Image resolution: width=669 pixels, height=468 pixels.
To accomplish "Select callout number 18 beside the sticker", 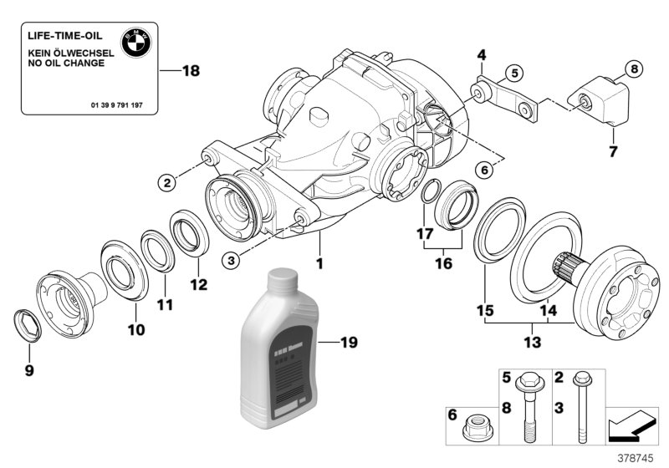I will (191, 71).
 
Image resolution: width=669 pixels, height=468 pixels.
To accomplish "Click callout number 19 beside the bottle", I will (350, 342).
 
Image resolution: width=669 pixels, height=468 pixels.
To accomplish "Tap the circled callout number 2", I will (168, 181).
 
